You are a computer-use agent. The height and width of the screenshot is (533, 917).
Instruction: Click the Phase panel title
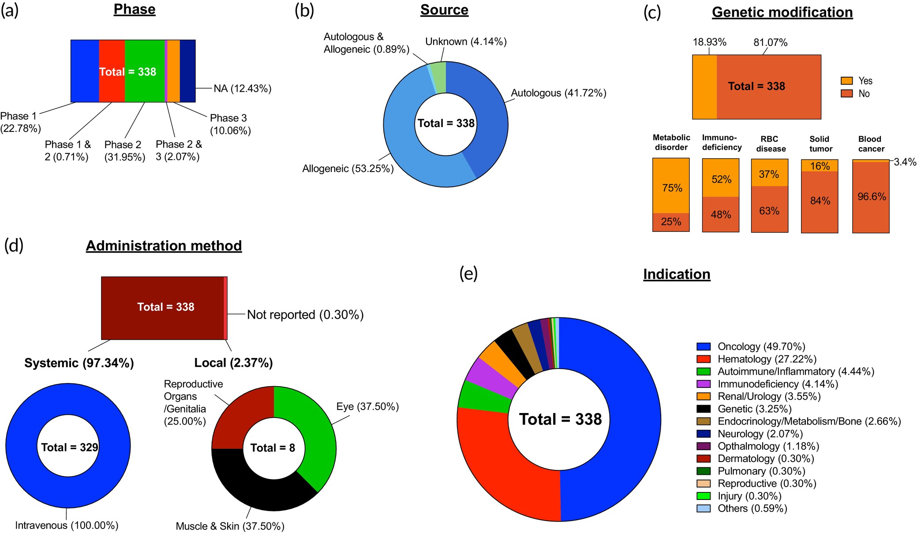pyautogui.click(x=135, y=9)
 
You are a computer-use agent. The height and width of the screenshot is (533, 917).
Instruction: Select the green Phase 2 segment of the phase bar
pyautogui.click(x=145, y=88)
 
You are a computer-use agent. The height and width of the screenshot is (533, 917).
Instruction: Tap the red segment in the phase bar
pyautogui.click(x=112, y=88)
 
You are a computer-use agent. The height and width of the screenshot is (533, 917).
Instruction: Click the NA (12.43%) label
pyautogui.click(x=242, y=89)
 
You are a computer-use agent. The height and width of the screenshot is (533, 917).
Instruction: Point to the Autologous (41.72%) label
pyautogui.click(x=558, y=93)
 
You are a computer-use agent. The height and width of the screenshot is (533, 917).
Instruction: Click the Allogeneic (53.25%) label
pyautogui.click(x=348, y=168)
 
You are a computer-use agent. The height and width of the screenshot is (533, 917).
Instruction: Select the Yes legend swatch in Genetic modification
pyautogui.click(x=846, y=81)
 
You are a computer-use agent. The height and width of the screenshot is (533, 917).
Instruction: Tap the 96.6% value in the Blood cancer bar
pyautogui.click(x=871, y=197)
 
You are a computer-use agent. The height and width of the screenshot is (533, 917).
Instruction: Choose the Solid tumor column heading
pyautogui.click(x=820, y=144)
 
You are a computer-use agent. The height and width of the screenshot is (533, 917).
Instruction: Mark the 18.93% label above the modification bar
pyautogui.click(x=709, y=42)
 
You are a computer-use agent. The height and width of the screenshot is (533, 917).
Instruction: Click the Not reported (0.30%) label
pyautogui.click(x=305, y=315)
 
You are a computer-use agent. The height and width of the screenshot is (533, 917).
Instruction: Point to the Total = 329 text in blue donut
pyautogui.click(x=69, y=447)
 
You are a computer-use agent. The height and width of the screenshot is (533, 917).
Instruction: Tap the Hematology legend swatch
pyautogui.click(x=704, y=359)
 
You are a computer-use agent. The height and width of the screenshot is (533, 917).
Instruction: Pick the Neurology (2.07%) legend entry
pyautogui.click(x=760, y=434)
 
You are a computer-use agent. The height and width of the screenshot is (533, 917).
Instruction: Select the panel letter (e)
pyautogui.click(x=468, y=274)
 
